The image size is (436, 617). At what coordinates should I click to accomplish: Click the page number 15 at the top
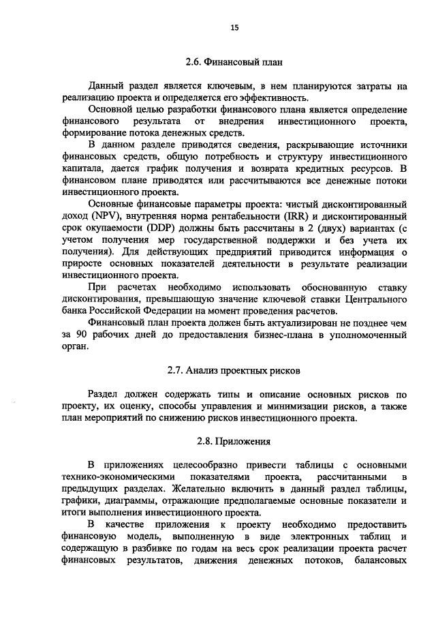[x=234, y=27]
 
